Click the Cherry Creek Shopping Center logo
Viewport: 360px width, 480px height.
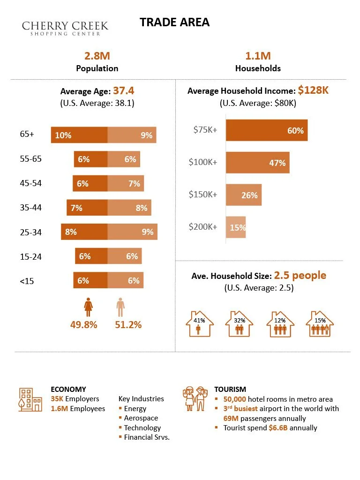click(65, 28)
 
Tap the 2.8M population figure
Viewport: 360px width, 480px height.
click(97, 56)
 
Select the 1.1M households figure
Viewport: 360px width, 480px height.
click(258, 56)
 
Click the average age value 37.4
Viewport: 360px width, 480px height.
click(124, 90)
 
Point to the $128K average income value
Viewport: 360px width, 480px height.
click(313, 90)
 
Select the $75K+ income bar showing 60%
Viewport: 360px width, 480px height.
click(267, 130)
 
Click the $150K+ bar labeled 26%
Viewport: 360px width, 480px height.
click(244, 195)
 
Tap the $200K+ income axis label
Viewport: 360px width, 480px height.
click(202, 227)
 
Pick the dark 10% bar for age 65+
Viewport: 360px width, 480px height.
click(79, 135)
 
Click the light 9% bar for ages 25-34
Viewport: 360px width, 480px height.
click(132, 232)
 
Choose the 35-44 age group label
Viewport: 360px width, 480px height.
click(30, 208)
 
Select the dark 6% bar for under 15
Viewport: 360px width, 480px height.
click(90, 280)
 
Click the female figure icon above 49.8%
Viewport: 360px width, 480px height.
click(89, 307)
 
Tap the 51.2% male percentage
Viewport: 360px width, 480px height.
click(128, 324)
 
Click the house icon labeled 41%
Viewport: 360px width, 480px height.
click(200, 323)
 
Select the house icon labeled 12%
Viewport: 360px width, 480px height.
click(280, 324)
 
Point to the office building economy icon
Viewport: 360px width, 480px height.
click(30, 399)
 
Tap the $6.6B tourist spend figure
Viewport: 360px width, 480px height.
click(278, 427)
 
